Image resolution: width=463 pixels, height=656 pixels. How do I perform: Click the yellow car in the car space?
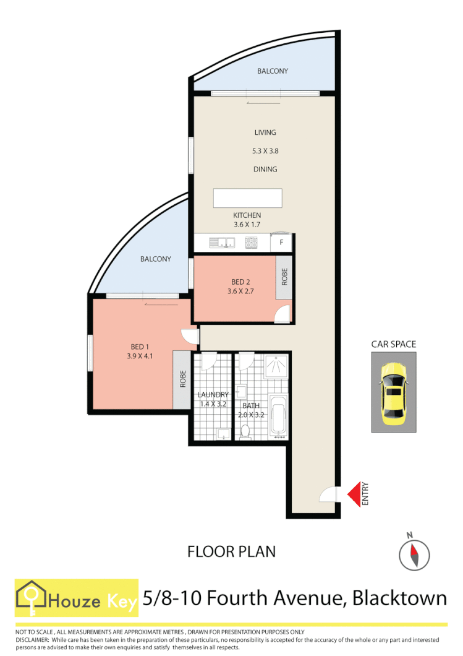click(393, 394)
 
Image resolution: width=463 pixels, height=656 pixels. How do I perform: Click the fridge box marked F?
click(281, 243)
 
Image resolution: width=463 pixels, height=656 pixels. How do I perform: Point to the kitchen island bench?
click(247, 198)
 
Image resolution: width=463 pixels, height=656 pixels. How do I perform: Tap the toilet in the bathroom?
click(245, 431)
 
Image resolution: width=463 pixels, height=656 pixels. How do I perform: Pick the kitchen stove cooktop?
click(252, 243)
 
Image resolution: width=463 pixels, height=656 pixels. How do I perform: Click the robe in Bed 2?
click(284, 278)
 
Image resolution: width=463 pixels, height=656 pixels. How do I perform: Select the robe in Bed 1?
click(182, 379)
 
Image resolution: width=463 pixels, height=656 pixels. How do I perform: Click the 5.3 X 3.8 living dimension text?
click(265, 150)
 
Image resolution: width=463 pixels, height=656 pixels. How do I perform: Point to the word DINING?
click(265, 169)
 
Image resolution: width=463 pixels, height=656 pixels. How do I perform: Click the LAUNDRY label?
click(213, 395)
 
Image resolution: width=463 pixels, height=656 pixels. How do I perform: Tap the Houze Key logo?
click(77, 598)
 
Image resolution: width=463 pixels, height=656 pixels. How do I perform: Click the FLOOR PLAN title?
click(231, 551)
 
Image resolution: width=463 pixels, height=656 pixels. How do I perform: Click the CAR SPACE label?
click(393, 344)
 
